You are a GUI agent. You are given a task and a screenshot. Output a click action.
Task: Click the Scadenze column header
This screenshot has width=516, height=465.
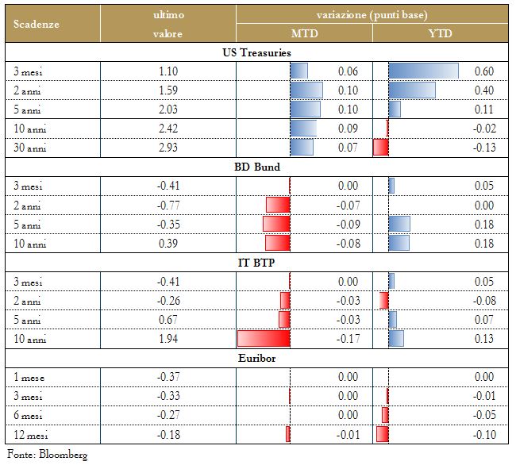[37, 24]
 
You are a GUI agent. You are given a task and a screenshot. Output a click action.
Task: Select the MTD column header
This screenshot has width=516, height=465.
[304, 33]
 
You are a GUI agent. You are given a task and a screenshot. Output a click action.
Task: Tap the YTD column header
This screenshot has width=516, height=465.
[441, 33]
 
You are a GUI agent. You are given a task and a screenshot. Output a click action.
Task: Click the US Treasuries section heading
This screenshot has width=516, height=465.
[256, 52]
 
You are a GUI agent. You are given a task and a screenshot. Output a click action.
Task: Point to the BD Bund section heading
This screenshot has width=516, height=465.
[256, 167]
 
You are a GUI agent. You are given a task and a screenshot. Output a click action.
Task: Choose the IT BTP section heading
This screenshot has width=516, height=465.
[256, 263]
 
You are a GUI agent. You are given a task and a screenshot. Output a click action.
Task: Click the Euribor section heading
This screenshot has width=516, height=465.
[256, 358]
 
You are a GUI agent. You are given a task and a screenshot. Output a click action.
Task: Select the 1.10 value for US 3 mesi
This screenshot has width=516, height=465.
[168, 71]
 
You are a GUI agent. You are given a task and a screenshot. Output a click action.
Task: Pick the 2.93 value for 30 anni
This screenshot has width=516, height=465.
[168, 148]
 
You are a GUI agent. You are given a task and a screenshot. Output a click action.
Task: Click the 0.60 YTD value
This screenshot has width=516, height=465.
[483, 71]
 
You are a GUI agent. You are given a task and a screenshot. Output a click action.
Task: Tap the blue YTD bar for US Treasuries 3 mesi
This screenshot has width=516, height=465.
[423, 71]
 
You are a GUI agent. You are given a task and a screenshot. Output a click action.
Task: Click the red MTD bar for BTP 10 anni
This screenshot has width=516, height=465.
[264, 339]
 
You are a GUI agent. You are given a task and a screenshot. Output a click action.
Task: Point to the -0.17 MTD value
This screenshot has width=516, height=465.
[347, 339]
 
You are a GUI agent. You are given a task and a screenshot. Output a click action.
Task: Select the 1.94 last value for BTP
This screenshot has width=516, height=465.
[168, 339]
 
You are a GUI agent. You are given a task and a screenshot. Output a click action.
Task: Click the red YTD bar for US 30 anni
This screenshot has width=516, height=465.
[380, 148]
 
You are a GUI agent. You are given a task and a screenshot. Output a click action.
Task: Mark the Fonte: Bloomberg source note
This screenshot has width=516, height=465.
[47, 454]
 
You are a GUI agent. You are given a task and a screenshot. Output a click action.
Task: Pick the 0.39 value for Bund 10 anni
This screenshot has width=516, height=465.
[168, 244]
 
